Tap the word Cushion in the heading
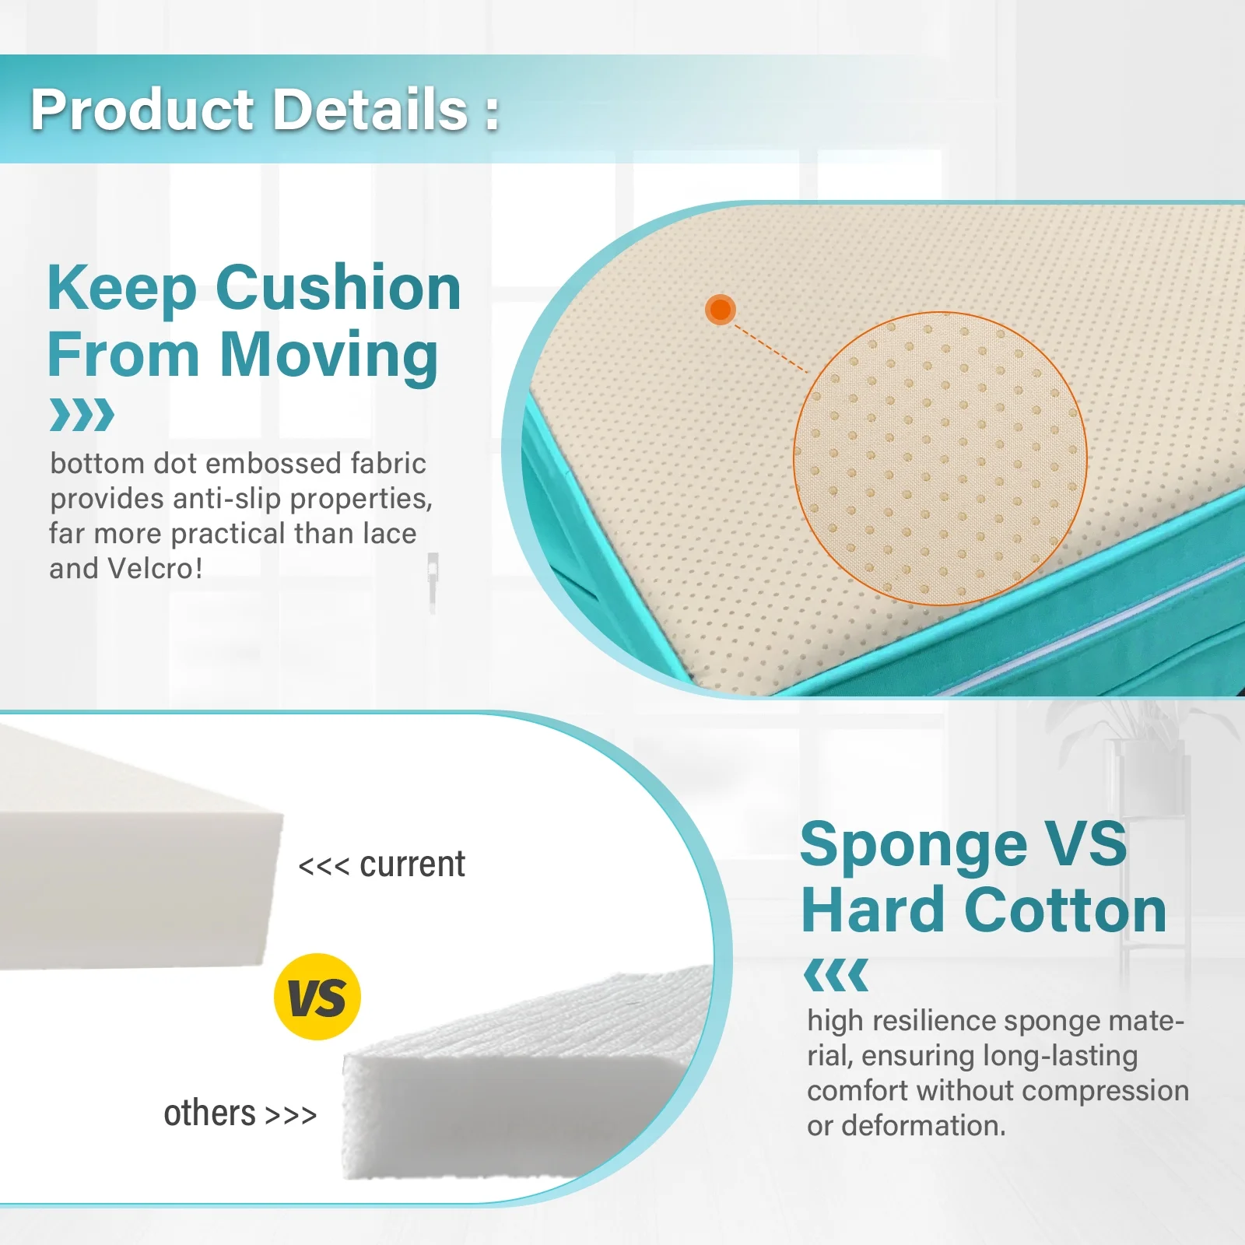[338, 288]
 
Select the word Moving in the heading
[330, 356]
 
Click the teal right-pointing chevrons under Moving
[82, 415]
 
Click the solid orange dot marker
[721, 310]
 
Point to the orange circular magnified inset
[940, 458]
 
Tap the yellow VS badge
[317, 997]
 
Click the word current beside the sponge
[412, 864]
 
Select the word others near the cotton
[209, 1113]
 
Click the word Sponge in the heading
[914, 846]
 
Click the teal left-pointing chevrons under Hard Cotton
[836, 975]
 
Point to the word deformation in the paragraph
[924, 1126]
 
